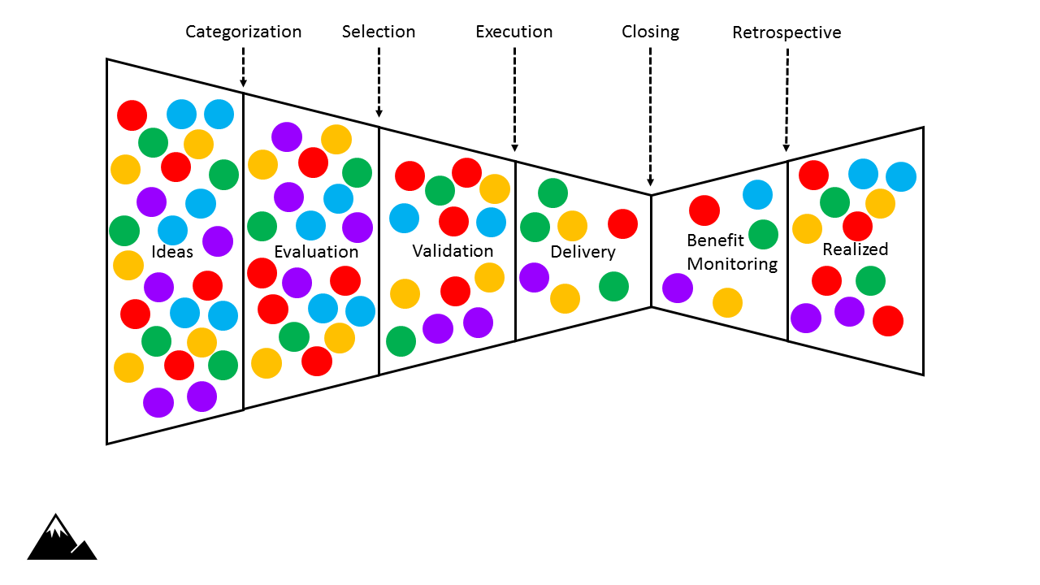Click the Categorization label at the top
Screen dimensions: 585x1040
pyautogui.click(x=243, y=32)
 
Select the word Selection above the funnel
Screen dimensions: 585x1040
pyautogui.click(x=378, y=32)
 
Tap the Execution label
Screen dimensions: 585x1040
pyautogui.click(x=513, y=32)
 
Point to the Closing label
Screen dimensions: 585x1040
pyautogui.click(x=650, y=32)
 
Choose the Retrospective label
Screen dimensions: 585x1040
pyautogui.click(x=786, y=32)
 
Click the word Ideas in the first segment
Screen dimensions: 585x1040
pyautogui.click(x=172, y=251)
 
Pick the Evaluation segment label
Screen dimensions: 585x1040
pyautogui.click(x=316, y=251)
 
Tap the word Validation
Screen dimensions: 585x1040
pyautogui.click(x=453, y=250)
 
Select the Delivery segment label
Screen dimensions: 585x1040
pyautogui.click(x=583, y=252)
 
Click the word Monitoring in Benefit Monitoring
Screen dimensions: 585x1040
pyautogui.click(x=732, y=263)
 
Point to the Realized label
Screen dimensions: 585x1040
pyautogui.click(x=855, y=249)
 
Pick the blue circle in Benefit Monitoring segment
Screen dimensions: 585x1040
pyautogui.click(x=757, y=195)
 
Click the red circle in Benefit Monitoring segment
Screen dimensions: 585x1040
pyautogui.click(x=704, y=210)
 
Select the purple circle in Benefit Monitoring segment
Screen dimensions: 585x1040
pyautogui.click(x=678, y=288)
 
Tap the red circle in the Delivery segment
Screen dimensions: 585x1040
pyautogui.click(x=622, y=223)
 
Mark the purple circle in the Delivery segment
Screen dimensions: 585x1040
pyautogui.click(x=534, y=277)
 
